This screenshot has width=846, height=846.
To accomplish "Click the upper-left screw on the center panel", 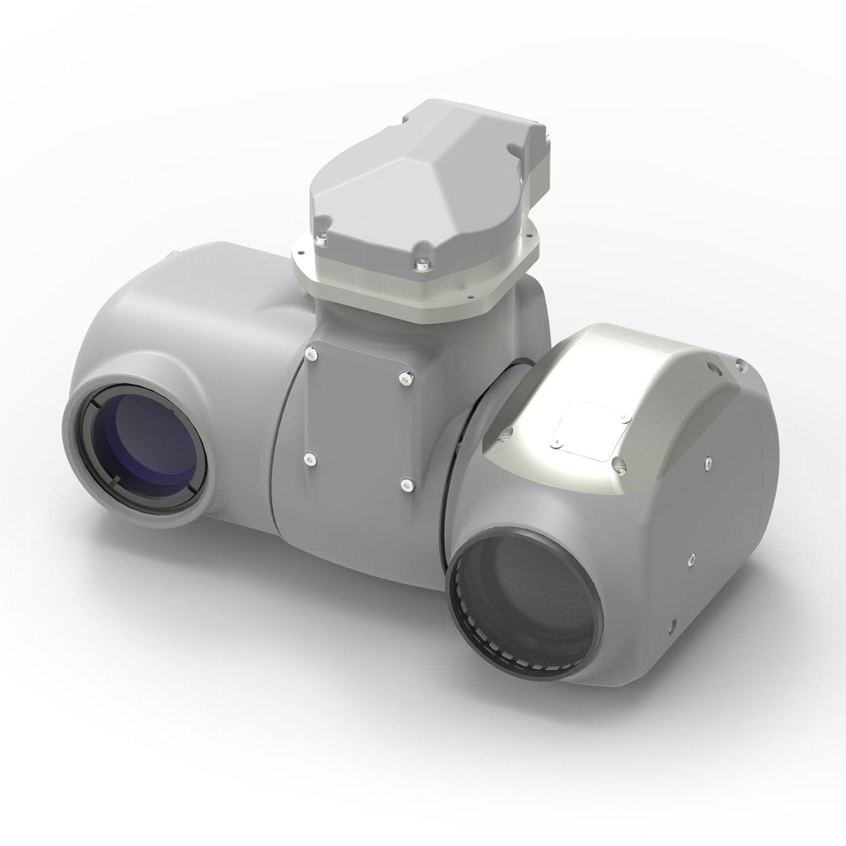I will point(312,353).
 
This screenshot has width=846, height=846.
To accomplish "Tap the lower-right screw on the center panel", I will point(406,485).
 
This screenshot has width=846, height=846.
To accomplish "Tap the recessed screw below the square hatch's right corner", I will point(619,468).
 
